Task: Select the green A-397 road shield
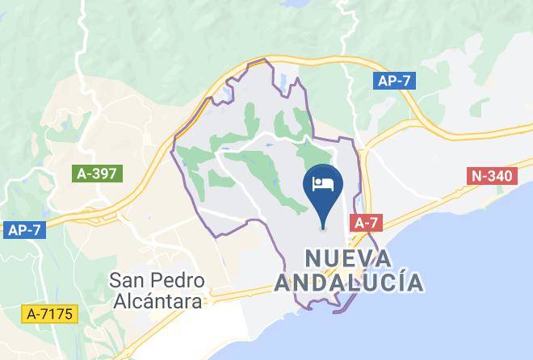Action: point(97,173)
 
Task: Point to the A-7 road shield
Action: point(364,224)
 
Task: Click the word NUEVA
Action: point(348,259)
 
